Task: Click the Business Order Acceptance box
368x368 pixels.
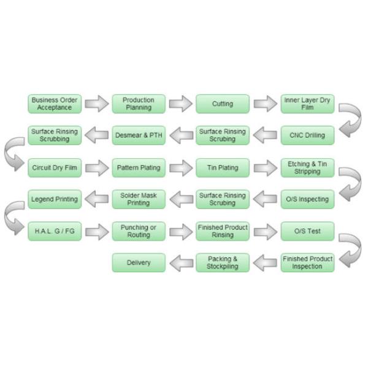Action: (x=55, y=104)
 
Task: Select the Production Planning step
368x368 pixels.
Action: (x=139, y=104)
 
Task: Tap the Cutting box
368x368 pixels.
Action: (x=223, y=104)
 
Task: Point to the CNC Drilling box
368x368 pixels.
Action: (x=307, y=135)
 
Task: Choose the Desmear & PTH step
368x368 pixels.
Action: (x=139, y=135)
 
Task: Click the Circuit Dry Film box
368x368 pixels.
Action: (x=55, y=167)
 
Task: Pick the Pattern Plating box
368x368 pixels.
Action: (x=139, y=167)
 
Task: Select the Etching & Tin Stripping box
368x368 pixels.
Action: (x=307, y=167)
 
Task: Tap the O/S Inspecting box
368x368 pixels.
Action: (x=307, y=199)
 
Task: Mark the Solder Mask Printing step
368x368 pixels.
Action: (x=139, y=199)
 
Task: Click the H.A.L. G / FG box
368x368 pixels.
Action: (x=55, y=231)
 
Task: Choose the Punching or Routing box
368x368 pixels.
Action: (x=139, y=231)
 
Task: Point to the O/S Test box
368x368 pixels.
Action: (x=307, y=231)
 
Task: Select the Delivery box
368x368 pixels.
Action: (x=139, y=263)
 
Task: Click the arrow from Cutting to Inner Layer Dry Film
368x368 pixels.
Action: (x=265, y=104)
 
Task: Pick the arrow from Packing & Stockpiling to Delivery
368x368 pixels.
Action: (x=181, y=263)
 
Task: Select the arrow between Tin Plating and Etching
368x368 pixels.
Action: (x=265, y=168)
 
